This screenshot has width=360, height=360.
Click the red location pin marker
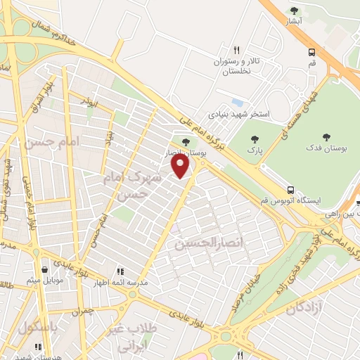click(x=181, y=166)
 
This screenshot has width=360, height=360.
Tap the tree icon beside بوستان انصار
click(x=186, y=143)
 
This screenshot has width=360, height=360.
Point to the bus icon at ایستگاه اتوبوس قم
click(x=290, y=190)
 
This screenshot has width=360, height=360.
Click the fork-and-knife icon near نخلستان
click(x=237, y=50)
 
